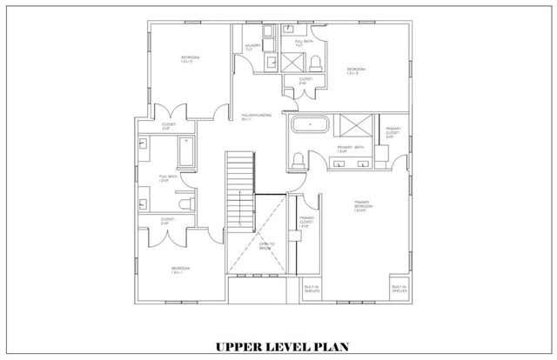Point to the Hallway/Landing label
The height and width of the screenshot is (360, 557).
(256, 117)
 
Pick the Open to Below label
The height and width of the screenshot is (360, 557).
(267, 246)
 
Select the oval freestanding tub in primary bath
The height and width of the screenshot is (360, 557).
(308, 126)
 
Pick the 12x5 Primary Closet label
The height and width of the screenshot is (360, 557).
(306, 222)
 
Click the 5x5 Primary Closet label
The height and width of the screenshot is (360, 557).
(393, 132)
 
